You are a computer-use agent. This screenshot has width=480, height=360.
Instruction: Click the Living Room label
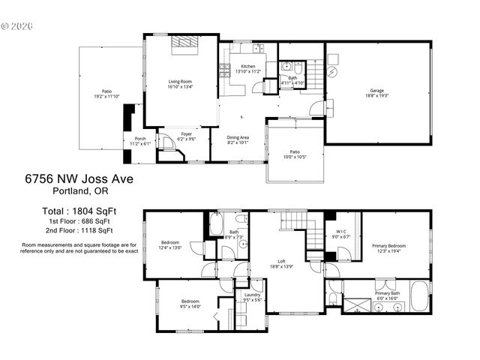(180, 82)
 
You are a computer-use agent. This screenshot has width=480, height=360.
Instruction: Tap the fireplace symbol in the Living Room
(184, 43)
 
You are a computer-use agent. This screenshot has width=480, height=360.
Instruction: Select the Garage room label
(376, 91)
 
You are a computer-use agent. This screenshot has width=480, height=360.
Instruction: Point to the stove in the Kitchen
(223, 71)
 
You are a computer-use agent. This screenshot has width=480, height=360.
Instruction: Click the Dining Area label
(238, 137)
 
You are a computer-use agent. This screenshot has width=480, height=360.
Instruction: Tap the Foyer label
(186, 134)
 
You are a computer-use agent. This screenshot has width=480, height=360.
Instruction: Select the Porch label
(140, 139)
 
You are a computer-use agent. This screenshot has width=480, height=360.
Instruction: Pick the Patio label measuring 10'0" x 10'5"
(295, 152)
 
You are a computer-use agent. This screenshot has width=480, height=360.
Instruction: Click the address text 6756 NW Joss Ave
(79, 178)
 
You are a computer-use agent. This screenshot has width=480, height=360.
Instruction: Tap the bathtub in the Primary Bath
(419, 295)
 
